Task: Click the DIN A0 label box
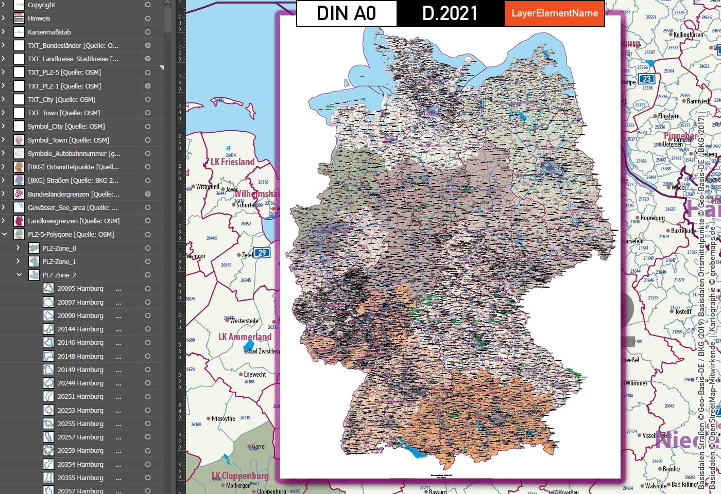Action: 346,13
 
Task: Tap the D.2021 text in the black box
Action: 450,13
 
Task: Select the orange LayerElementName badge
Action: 555,13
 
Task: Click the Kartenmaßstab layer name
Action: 49,32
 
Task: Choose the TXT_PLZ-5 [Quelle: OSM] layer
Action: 64,73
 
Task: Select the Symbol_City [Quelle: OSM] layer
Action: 66,127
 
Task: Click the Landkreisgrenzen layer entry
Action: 74,221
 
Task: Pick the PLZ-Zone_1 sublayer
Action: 59,261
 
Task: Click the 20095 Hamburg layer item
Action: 80,289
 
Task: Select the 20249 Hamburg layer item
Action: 80,383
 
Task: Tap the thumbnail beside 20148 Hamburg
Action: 48,356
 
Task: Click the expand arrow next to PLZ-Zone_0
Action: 19,248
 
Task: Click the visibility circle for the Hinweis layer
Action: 148,19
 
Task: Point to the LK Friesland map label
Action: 233,162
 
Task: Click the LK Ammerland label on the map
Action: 245,337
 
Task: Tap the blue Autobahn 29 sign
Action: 262,253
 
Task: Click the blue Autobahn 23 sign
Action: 646,79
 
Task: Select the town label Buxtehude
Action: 683,231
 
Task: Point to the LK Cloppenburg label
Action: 240,476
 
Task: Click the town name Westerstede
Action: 244,321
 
